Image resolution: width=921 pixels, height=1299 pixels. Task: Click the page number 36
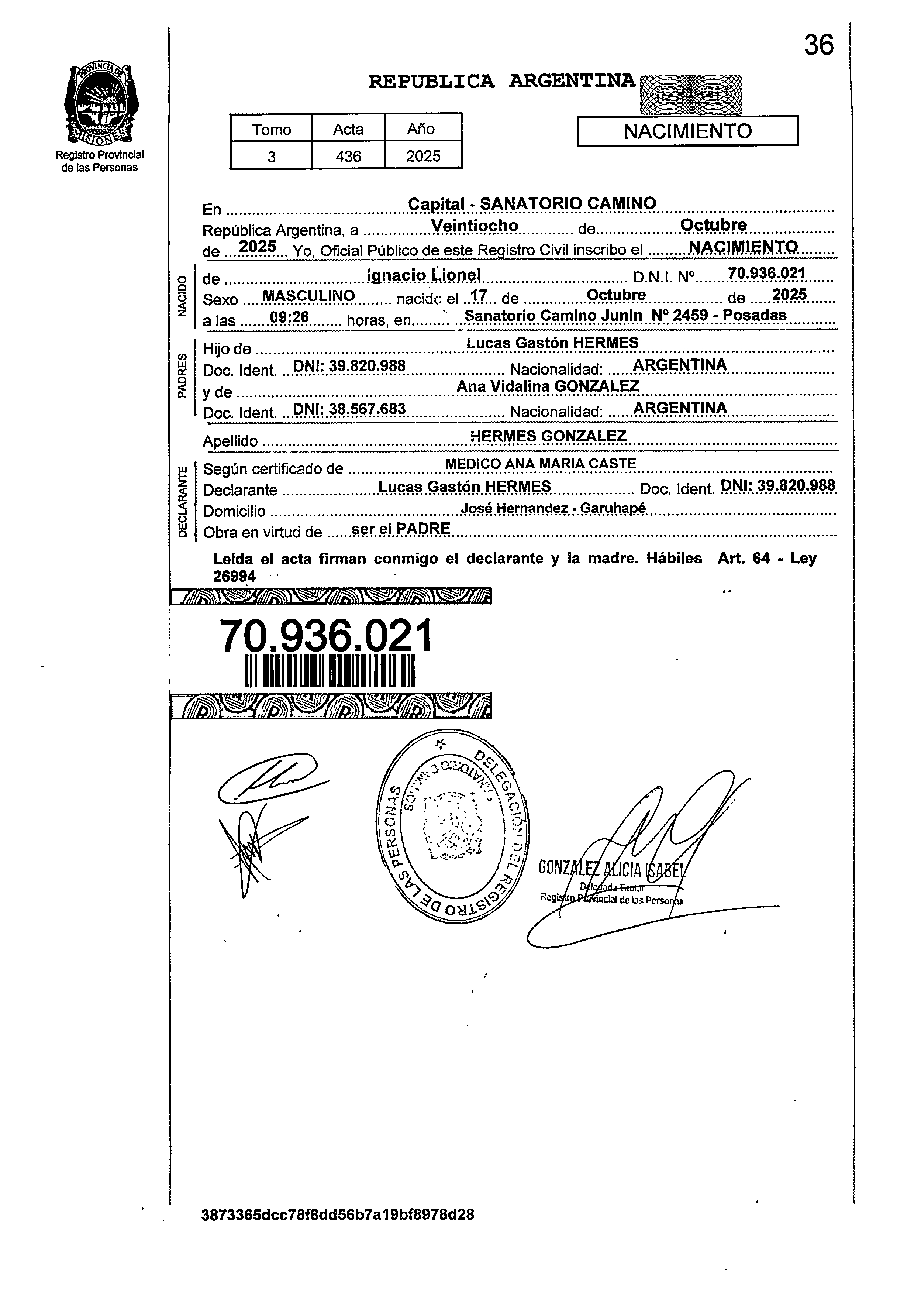[x=818, y=45]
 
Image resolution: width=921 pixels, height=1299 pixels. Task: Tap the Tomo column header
[x=271, y=129]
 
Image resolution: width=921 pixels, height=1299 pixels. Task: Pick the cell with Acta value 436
[x=348, y=156]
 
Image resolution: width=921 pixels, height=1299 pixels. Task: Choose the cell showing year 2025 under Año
[x=423, y=156]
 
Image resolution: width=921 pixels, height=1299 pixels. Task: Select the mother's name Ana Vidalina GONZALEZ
[x=548, y=386]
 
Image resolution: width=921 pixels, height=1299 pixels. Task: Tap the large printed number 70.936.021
[x=325, y=636]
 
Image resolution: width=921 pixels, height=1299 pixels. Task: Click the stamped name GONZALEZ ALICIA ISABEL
[x=613, y=869]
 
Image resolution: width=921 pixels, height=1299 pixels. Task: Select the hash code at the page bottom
[x=338, y=1230]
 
